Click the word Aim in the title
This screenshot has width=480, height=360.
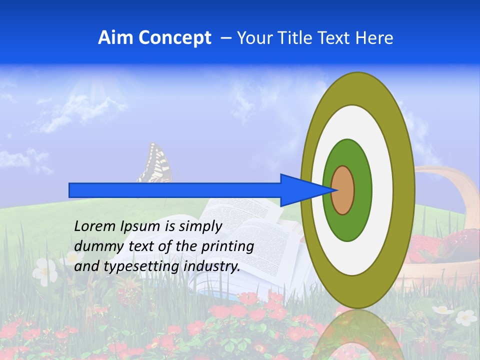(114, 38)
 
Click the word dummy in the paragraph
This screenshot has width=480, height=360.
(95, 246)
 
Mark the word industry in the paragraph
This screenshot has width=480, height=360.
(212, 266)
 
